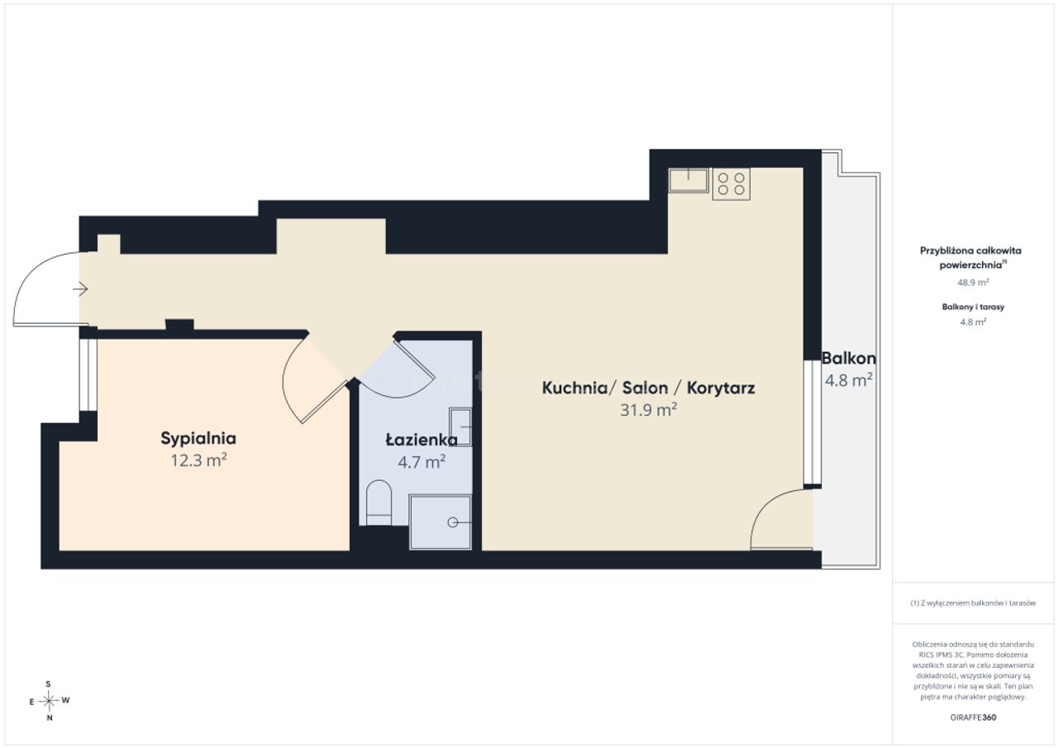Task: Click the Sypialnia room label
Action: pyautogui.click(x=198, y=439)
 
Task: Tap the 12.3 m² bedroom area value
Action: pyautogui.click(x=199, y=460)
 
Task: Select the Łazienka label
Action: pyautogui.click(x=422, y=440)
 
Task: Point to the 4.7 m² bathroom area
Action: pyautogui.click(x=422, y=462)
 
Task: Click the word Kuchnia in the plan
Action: pyautogui.click(x=574, y=388)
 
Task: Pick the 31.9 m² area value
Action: pyautogui.click(x=649, y=410)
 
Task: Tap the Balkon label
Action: pyautogui.click(x=849, y=359)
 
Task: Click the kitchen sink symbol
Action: pyautogui.click(x=689, y=180)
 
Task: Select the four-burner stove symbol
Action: pyautogui.click(x=732, y=184)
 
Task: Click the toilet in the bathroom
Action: pyautogui.click(x=379, y=503)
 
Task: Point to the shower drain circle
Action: pyautogui.click(x=452, y=522)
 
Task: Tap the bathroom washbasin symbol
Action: pyautogui.click(x=460, y=426)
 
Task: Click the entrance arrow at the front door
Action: pyautogui.click(x=80, y=288)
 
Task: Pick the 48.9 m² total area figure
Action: pyautogui.click(x=973, y=283)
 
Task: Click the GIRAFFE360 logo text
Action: pyautogui.click(x=973, y=717)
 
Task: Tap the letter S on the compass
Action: pyautogui.click(x=48, y=684)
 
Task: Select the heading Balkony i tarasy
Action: pyautogui.click(x=973, y=307)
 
